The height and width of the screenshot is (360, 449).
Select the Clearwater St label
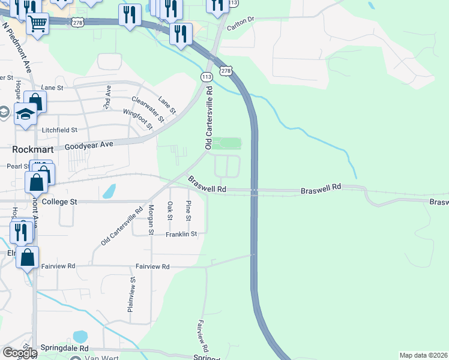(x=148, y=109)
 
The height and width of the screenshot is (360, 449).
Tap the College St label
(x=59, y=202)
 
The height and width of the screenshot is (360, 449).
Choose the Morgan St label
(x=151, y=220)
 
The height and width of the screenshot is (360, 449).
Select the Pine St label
(x=188, y=211)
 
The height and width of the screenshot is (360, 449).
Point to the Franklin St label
(x=182, y=235)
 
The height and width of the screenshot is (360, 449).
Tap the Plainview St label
(x=130, y=294)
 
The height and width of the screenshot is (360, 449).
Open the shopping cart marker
(x=37, y=24)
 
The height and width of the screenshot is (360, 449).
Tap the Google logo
(x=19, y=353)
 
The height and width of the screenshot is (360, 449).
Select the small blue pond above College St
(x=109, y=191)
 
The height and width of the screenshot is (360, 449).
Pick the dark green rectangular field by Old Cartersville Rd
(x=227, y=143)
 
